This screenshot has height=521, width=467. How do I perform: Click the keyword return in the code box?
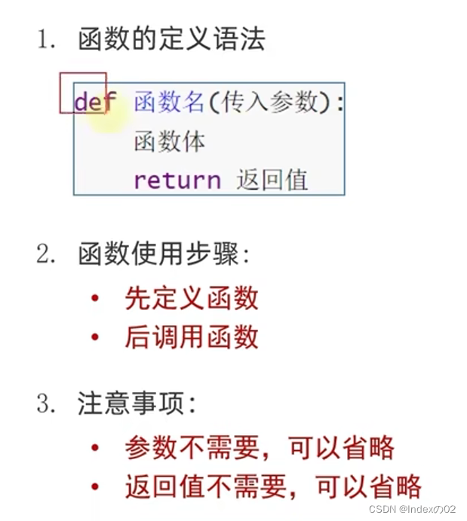[177, 180]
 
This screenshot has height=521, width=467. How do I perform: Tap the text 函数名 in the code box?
[169, 103]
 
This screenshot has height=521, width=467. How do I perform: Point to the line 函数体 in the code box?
[169, 142]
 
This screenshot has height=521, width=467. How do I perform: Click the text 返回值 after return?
[272, 180]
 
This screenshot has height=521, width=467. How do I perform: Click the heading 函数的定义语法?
[171, 38]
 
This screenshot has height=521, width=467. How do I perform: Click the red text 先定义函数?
[192, 299]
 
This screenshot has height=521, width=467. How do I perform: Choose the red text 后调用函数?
[192, 336]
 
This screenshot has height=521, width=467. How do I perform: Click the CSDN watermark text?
[413, 510]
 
